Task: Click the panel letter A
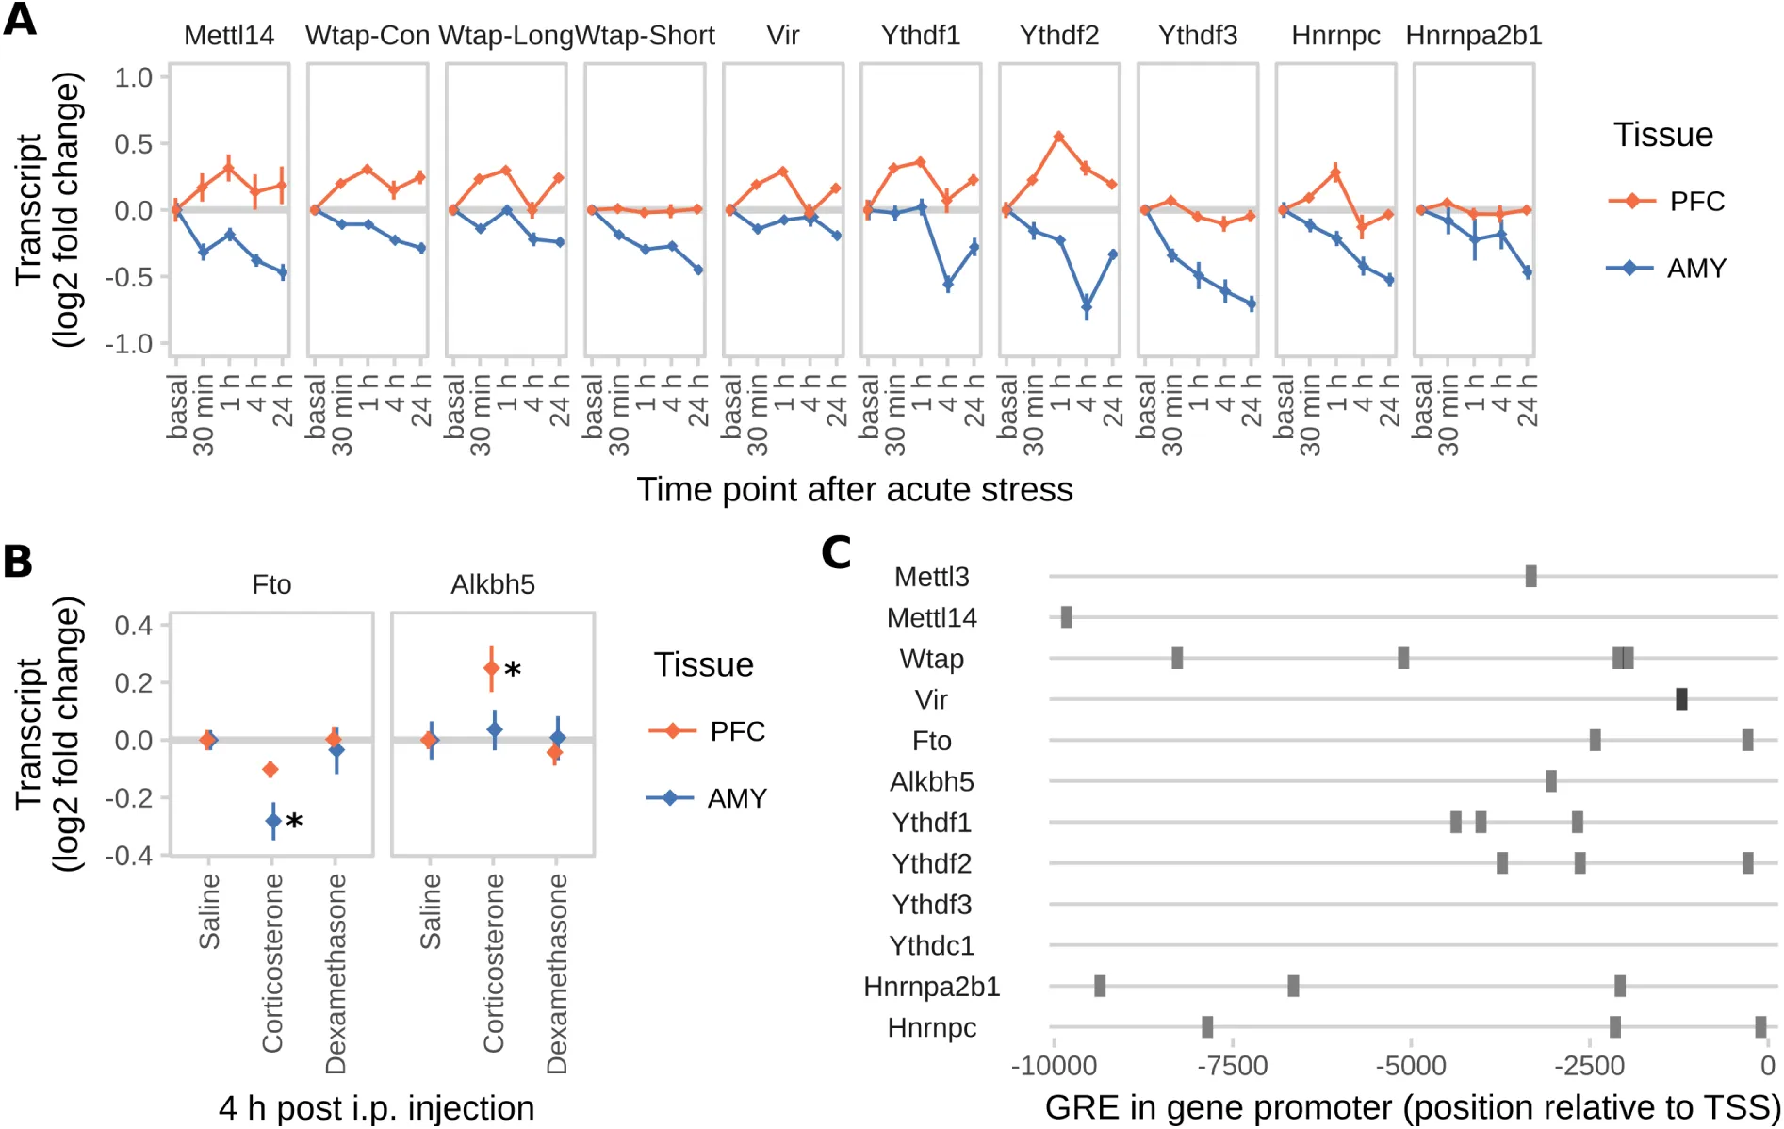[x=20, y=19]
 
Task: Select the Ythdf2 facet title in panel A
[x=1058, y=36]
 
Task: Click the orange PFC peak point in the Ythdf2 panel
[x=1059, y=137]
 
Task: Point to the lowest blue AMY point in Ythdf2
[x=1087, y=306]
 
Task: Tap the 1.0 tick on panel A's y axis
[x=133, y=77]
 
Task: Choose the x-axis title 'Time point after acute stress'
[x=854, y=490]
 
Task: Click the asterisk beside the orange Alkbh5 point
[x=513, y=671]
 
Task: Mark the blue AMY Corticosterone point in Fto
[x=273, y=821]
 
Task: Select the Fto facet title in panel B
[x=271, y=585]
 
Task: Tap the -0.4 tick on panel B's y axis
[x=133, y=856]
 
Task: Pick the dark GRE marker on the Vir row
[x=1681, y=699]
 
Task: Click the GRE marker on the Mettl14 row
[x=1066, y=617]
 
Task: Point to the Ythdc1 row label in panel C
[x=931, y=945]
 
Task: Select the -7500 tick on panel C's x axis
[x=1233, y=1066]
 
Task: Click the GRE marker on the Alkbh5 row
[x=1550, y=781]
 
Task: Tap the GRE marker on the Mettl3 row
[x=1530, y=576]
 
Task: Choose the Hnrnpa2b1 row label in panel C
[x=931, y=987]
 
